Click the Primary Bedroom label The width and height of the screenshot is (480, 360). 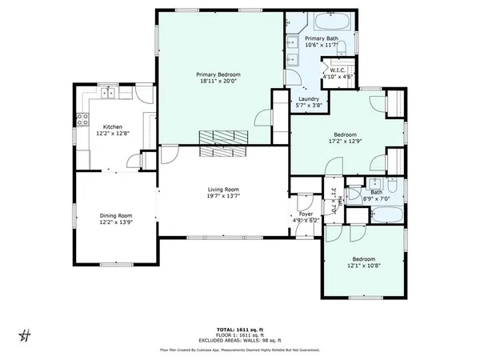tap(218, 74)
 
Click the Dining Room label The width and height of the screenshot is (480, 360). tap(115, 215)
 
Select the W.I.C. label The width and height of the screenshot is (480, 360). tap(337, 70)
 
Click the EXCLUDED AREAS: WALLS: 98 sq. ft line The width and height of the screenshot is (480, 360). tap(240, 342)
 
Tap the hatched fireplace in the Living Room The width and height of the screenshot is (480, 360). tap(223, 142)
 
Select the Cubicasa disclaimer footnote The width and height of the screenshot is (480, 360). tap(240, 350)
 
